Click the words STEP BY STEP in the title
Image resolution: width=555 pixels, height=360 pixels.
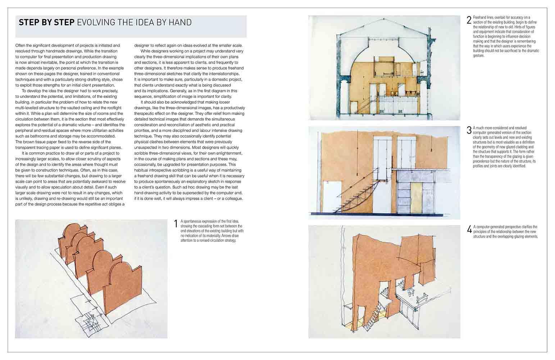tap(46, 23)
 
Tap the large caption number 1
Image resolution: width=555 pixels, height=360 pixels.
tap(176, 224)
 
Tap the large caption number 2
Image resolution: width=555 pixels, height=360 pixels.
tap(469, 20)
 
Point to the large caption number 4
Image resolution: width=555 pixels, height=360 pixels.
tap(469, 230)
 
